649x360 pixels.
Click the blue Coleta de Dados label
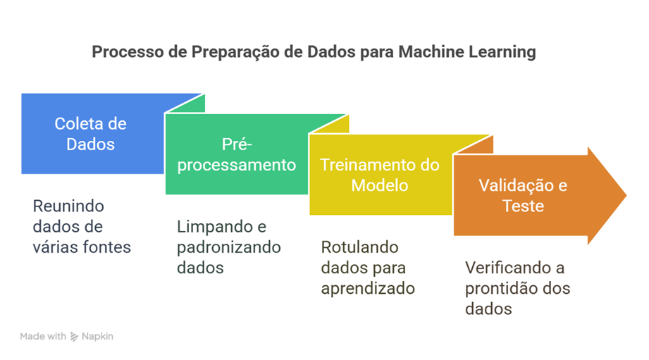tap(91, 134)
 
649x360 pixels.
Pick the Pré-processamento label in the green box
tap(237, 155)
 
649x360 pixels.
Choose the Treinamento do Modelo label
tap(380, 175)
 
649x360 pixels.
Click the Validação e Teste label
tap(523, 196)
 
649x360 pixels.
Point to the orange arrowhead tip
tap(626, 195)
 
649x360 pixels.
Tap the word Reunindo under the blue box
tap(68, 206)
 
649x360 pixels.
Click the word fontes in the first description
tap(107, 247)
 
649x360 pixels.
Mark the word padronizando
tap(229, 247)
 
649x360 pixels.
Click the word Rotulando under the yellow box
tap(359, 247)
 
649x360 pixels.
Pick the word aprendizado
tap(368, 288)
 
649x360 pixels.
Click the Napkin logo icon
tap(74, 337)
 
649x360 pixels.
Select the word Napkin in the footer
tap(97, 337)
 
